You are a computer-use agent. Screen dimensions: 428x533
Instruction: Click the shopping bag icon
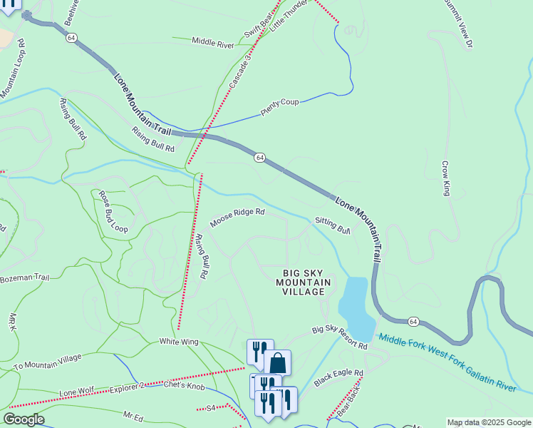[277, 362]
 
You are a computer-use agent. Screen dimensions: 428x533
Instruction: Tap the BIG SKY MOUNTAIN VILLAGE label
[306, 282]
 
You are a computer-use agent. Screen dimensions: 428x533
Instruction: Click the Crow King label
[446, 179]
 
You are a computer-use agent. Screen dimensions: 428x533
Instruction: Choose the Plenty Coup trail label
[279, 107]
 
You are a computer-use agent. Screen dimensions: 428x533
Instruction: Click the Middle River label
[212, 43]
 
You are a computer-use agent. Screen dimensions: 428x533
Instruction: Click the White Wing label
[177, 342]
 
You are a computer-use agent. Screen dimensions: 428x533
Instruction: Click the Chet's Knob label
[184, 387]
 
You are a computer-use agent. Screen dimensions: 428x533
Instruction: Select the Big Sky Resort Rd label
[339, 339]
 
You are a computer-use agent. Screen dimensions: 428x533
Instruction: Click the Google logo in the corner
[24, 419]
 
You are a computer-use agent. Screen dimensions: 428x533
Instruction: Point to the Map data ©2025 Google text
[489, 422]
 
